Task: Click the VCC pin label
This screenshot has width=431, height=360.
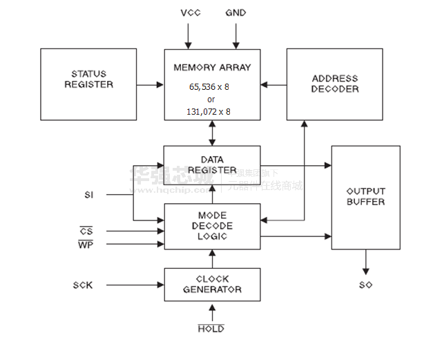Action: pyautogui.click(x=189, y=13)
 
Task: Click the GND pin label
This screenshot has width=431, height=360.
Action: pyautogui.click(x=236, y=13)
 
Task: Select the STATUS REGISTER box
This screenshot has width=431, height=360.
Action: pyautogui.click(x=88, y=84)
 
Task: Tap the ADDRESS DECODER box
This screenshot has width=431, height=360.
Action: pyautogui.click(x=334, y=84)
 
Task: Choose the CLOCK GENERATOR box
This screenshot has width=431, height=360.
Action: pyautogui.click(x=212, y=285)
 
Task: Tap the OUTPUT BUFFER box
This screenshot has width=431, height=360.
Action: pyautogui.click(x=365, y=197)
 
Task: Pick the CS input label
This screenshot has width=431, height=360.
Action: pyautogui.click(x=86, y=231)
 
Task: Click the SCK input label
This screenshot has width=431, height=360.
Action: pyautogui.click(x=83, y=285)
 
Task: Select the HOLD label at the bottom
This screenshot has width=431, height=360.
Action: pyautogui.click(x=211, y=329)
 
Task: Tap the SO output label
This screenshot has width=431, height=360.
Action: pyautogui.click(x=366, y=285)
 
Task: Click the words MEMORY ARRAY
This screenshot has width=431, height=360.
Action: pyautogui.click(x=212, y=68)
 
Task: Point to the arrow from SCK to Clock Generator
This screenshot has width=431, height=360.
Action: pyautogui.click(x=131, y=285)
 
